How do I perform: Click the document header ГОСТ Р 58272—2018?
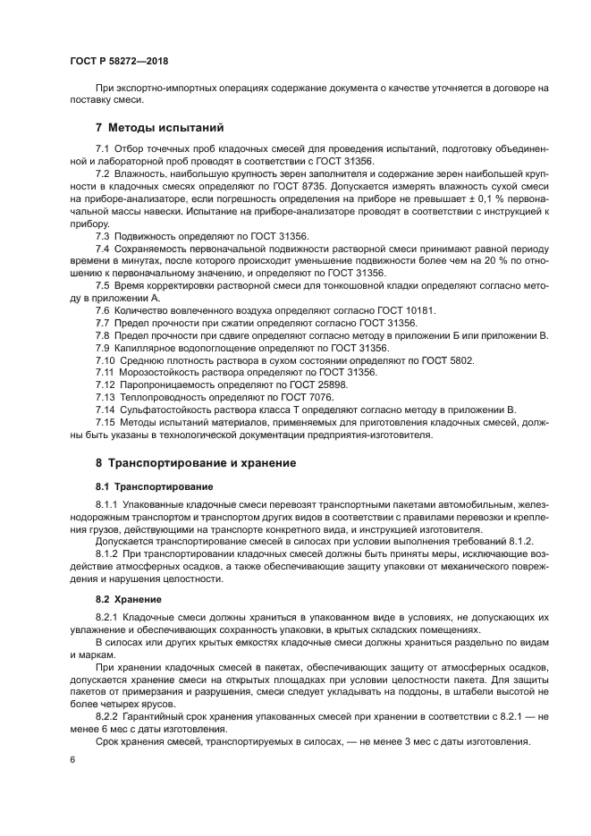pyautogui.click(x=119, y=60)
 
